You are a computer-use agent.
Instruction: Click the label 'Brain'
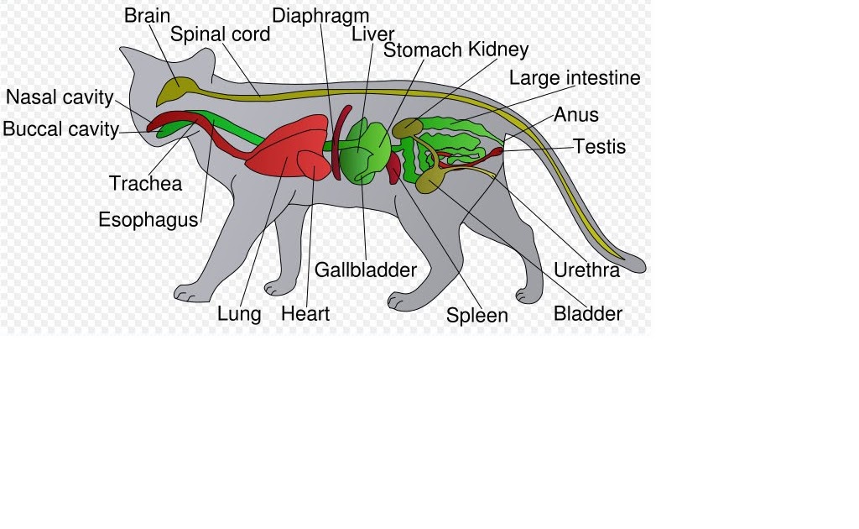[147, 15]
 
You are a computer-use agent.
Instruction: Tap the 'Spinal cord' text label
[221, 34]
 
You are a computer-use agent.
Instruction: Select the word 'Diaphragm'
[320, 16]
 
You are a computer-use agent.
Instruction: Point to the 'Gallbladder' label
[366, 270]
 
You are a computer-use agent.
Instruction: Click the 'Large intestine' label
[575, 78]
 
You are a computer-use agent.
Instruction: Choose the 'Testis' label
[600, 146]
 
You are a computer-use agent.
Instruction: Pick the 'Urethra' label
[587, 270]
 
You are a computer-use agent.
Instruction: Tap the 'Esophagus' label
[148, 220]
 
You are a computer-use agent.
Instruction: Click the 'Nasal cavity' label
[60, 97]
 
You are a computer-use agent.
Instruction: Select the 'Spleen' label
[477, 316]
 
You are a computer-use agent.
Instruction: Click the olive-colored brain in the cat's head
[177, 88]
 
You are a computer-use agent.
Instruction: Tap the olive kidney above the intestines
[408, 128]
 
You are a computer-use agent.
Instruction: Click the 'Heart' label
[305, 314]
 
